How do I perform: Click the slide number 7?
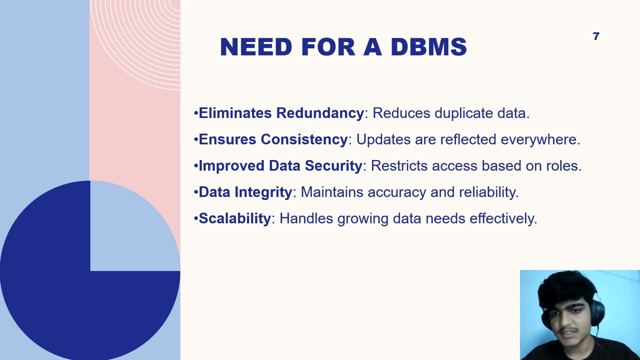click(595, 36)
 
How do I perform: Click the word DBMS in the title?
click(428, 47)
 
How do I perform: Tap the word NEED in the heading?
click(255, 47)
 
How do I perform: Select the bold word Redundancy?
click(320, 113)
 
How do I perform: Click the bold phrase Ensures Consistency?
click(273, 139)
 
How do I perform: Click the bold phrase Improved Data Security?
click(280, 166)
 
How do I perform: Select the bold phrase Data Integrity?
click(245, 192)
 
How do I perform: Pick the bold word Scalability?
click(234, 219)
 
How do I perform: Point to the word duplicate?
click(463, 113)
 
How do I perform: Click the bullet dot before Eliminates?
click(196, 113)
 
